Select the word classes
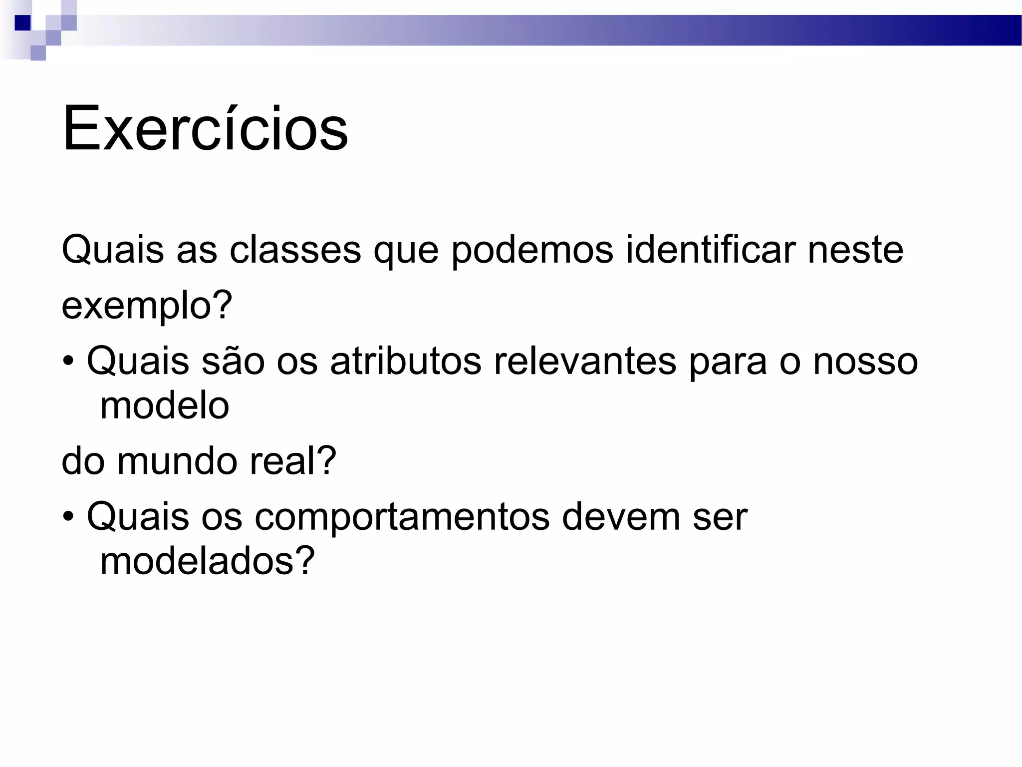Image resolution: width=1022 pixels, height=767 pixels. coord(295,250)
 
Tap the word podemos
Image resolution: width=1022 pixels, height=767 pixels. coord(532,250)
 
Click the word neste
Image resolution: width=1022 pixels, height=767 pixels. coord(855,250)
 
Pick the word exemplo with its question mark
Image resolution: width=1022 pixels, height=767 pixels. coord(147,306)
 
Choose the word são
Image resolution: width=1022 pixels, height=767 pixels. coord(233,362)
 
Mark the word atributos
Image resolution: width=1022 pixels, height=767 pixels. coord(406,362)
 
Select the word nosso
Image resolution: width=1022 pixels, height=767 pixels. coord(865,362)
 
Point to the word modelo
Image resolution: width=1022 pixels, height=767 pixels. coord(165,405)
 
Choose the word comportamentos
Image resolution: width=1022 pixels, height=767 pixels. coord(402,518)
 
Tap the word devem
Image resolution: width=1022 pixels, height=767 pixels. coord(621,517)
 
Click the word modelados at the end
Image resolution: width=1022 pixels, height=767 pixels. coord(208,561)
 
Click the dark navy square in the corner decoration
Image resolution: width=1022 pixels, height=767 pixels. coord(22,23)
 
